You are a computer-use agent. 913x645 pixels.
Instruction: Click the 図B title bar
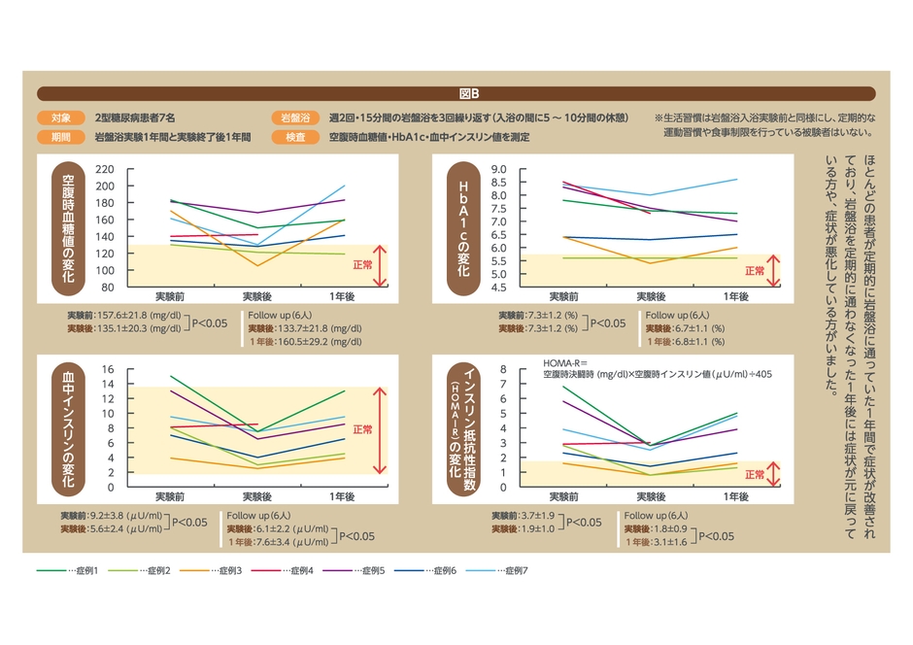coord(456,94)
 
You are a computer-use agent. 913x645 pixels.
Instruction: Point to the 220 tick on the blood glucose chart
coord(105,169)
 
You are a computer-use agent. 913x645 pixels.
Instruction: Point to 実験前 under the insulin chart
coord(171,496)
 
